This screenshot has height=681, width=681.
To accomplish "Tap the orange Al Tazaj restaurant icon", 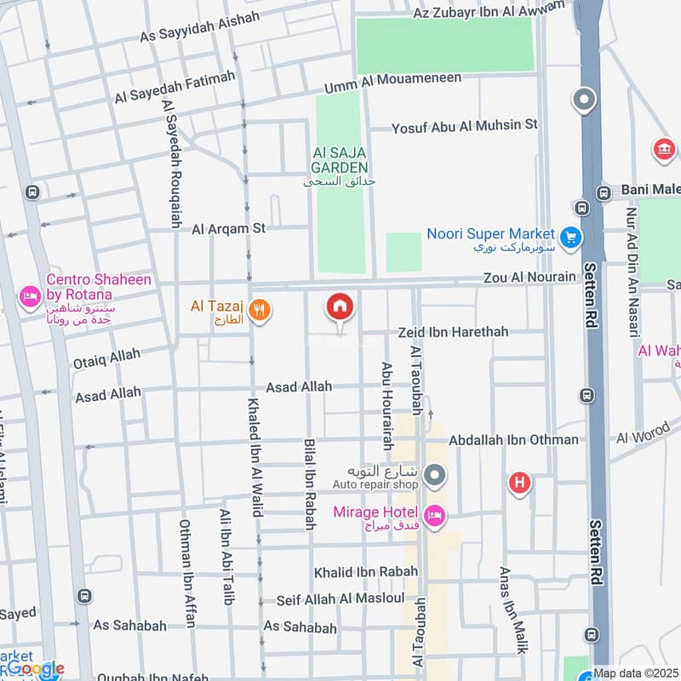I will point(261,312).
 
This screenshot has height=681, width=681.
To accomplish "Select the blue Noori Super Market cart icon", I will point(570,236).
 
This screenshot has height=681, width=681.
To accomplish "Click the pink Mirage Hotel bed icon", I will point(434,516).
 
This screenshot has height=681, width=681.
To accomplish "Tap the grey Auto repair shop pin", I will point(435,474).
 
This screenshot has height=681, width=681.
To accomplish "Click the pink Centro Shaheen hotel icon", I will point(30,295).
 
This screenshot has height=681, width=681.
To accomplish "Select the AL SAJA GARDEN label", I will point(340,160).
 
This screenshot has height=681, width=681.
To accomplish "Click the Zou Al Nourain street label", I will point(529,278).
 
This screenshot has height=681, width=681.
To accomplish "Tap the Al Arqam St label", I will point(229,228).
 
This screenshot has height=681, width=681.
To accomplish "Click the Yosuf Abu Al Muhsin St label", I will point(465,126).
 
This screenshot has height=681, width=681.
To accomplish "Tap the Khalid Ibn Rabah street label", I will point(366,572).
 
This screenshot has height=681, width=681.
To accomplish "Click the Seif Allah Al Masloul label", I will point(340,600).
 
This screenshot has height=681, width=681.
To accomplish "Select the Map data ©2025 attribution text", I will point(636,672).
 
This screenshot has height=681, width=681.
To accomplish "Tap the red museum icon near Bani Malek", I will point(664,151).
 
